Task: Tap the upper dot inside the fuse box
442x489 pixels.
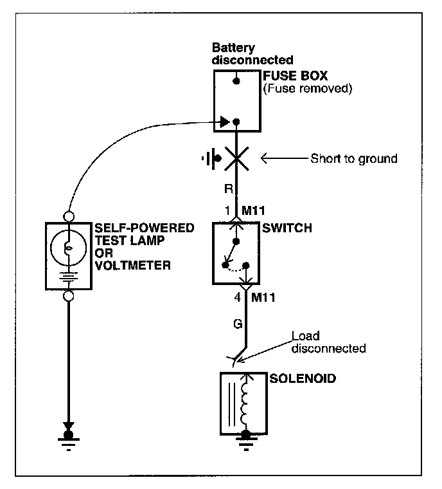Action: point(236,82)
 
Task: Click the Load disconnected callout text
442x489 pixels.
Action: point(328,342)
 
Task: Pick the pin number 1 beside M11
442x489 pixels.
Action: point(227,210)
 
